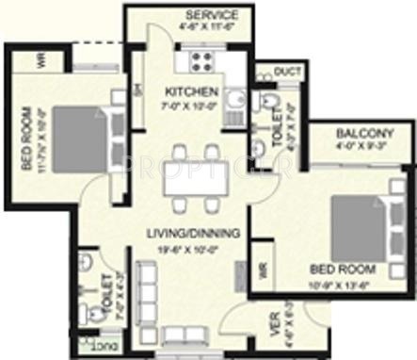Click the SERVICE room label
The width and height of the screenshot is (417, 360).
click(x=211, y=16)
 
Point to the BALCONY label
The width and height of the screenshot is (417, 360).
click(x=363, y=134)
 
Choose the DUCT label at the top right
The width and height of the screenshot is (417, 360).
click(x=288, y=72)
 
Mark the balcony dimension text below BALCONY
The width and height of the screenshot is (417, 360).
click(x=363, y=147)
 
